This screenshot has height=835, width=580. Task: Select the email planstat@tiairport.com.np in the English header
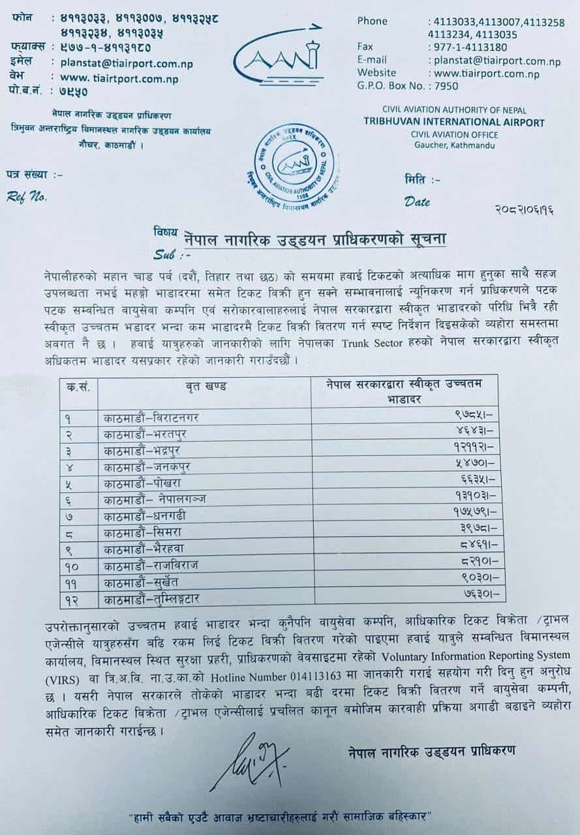pos(495,61)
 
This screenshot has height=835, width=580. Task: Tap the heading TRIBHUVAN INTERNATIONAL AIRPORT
pos(453,123)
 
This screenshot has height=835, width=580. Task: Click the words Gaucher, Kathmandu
pos(455,145)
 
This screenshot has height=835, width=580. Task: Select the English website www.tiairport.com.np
pos(485,73)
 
